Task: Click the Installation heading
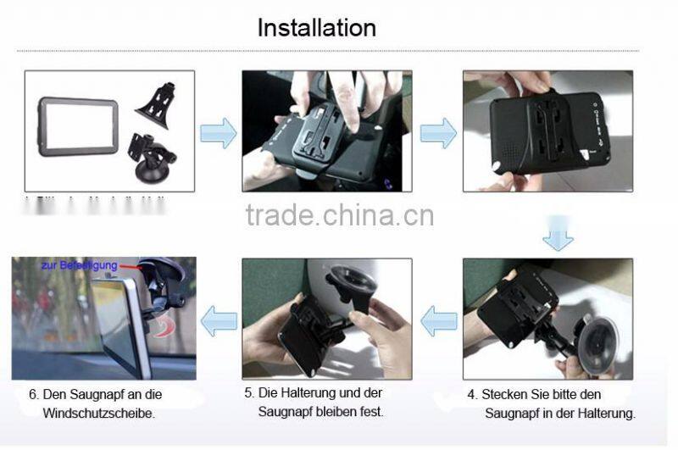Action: click(316, 27)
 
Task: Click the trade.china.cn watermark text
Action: click(339, 215)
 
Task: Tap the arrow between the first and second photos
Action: click(218, 133)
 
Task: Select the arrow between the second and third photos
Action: click(438, 133)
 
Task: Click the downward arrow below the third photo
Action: click(558, 236)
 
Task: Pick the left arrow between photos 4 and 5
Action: click(439, 321)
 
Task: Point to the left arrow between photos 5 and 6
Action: click(219, 321)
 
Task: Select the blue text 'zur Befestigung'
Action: click(79, 265)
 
